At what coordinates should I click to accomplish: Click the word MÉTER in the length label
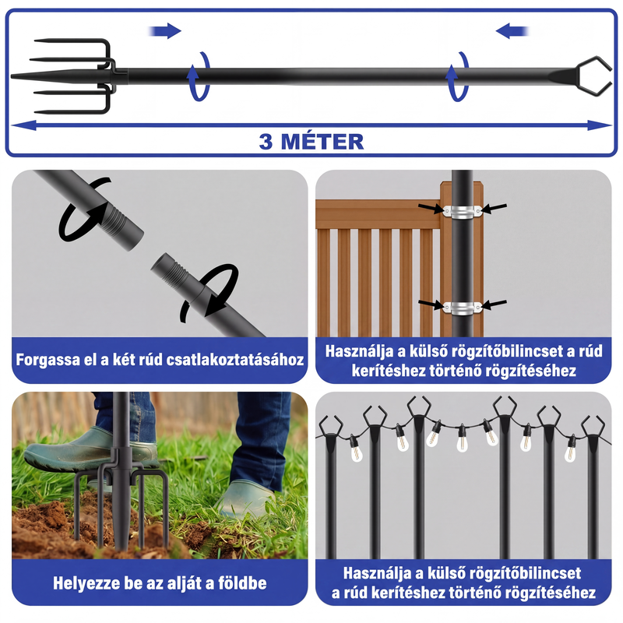(322, 142)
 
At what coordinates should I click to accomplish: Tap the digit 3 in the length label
(266, 143)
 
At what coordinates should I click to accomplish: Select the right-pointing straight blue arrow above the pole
(165, 31)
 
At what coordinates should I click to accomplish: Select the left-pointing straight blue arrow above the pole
(512, 31)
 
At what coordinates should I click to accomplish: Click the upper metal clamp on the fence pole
(463, 210)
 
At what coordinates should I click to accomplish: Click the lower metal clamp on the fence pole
(463, 308)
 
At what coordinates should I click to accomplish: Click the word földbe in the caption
(242, 583)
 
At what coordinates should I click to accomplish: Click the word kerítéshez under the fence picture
(384, 371)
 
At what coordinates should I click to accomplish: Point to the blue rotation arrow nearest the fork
(199, 76)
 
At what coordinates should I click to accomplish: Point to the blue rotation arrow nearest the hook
(458, 76)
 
